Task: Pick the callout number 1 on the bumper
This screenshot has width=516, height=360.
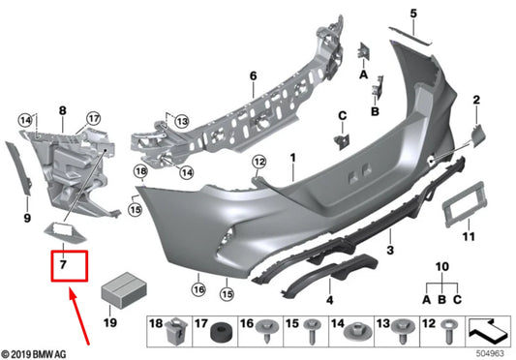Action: click(x=293, y=157)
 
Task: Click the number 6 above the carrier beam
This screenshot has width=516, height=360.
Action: click(x=251, y=75)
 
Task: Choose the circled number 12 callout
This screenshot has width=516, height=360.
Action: click(x=258, y=161)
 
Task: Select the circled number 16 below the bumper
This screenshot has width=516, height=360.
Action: click(x=197, y=288)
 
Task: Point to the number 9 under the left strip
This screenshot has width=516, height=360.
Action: click(x=27, y=219)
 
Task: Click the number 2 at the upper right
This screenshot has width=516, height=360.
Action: click(x=476, y=100)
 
